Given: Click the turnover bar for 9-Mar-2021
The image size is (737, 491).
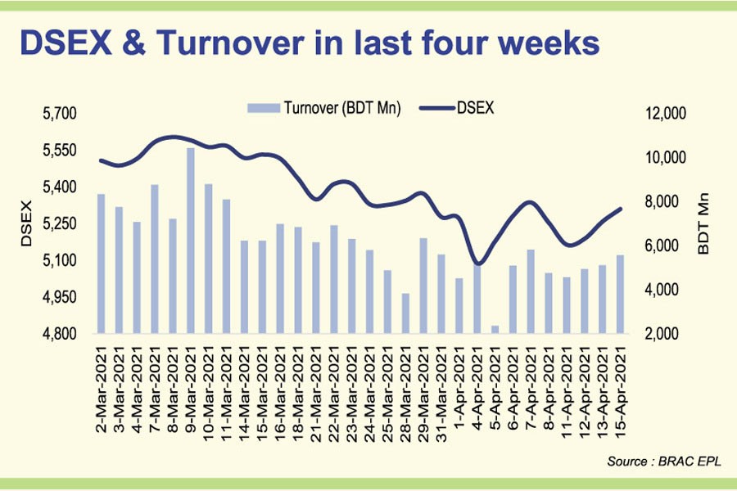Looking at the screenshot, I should pos(190,241).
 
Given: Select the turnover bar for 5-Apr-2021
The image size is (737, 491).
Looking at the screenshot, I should pos(495,329).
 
